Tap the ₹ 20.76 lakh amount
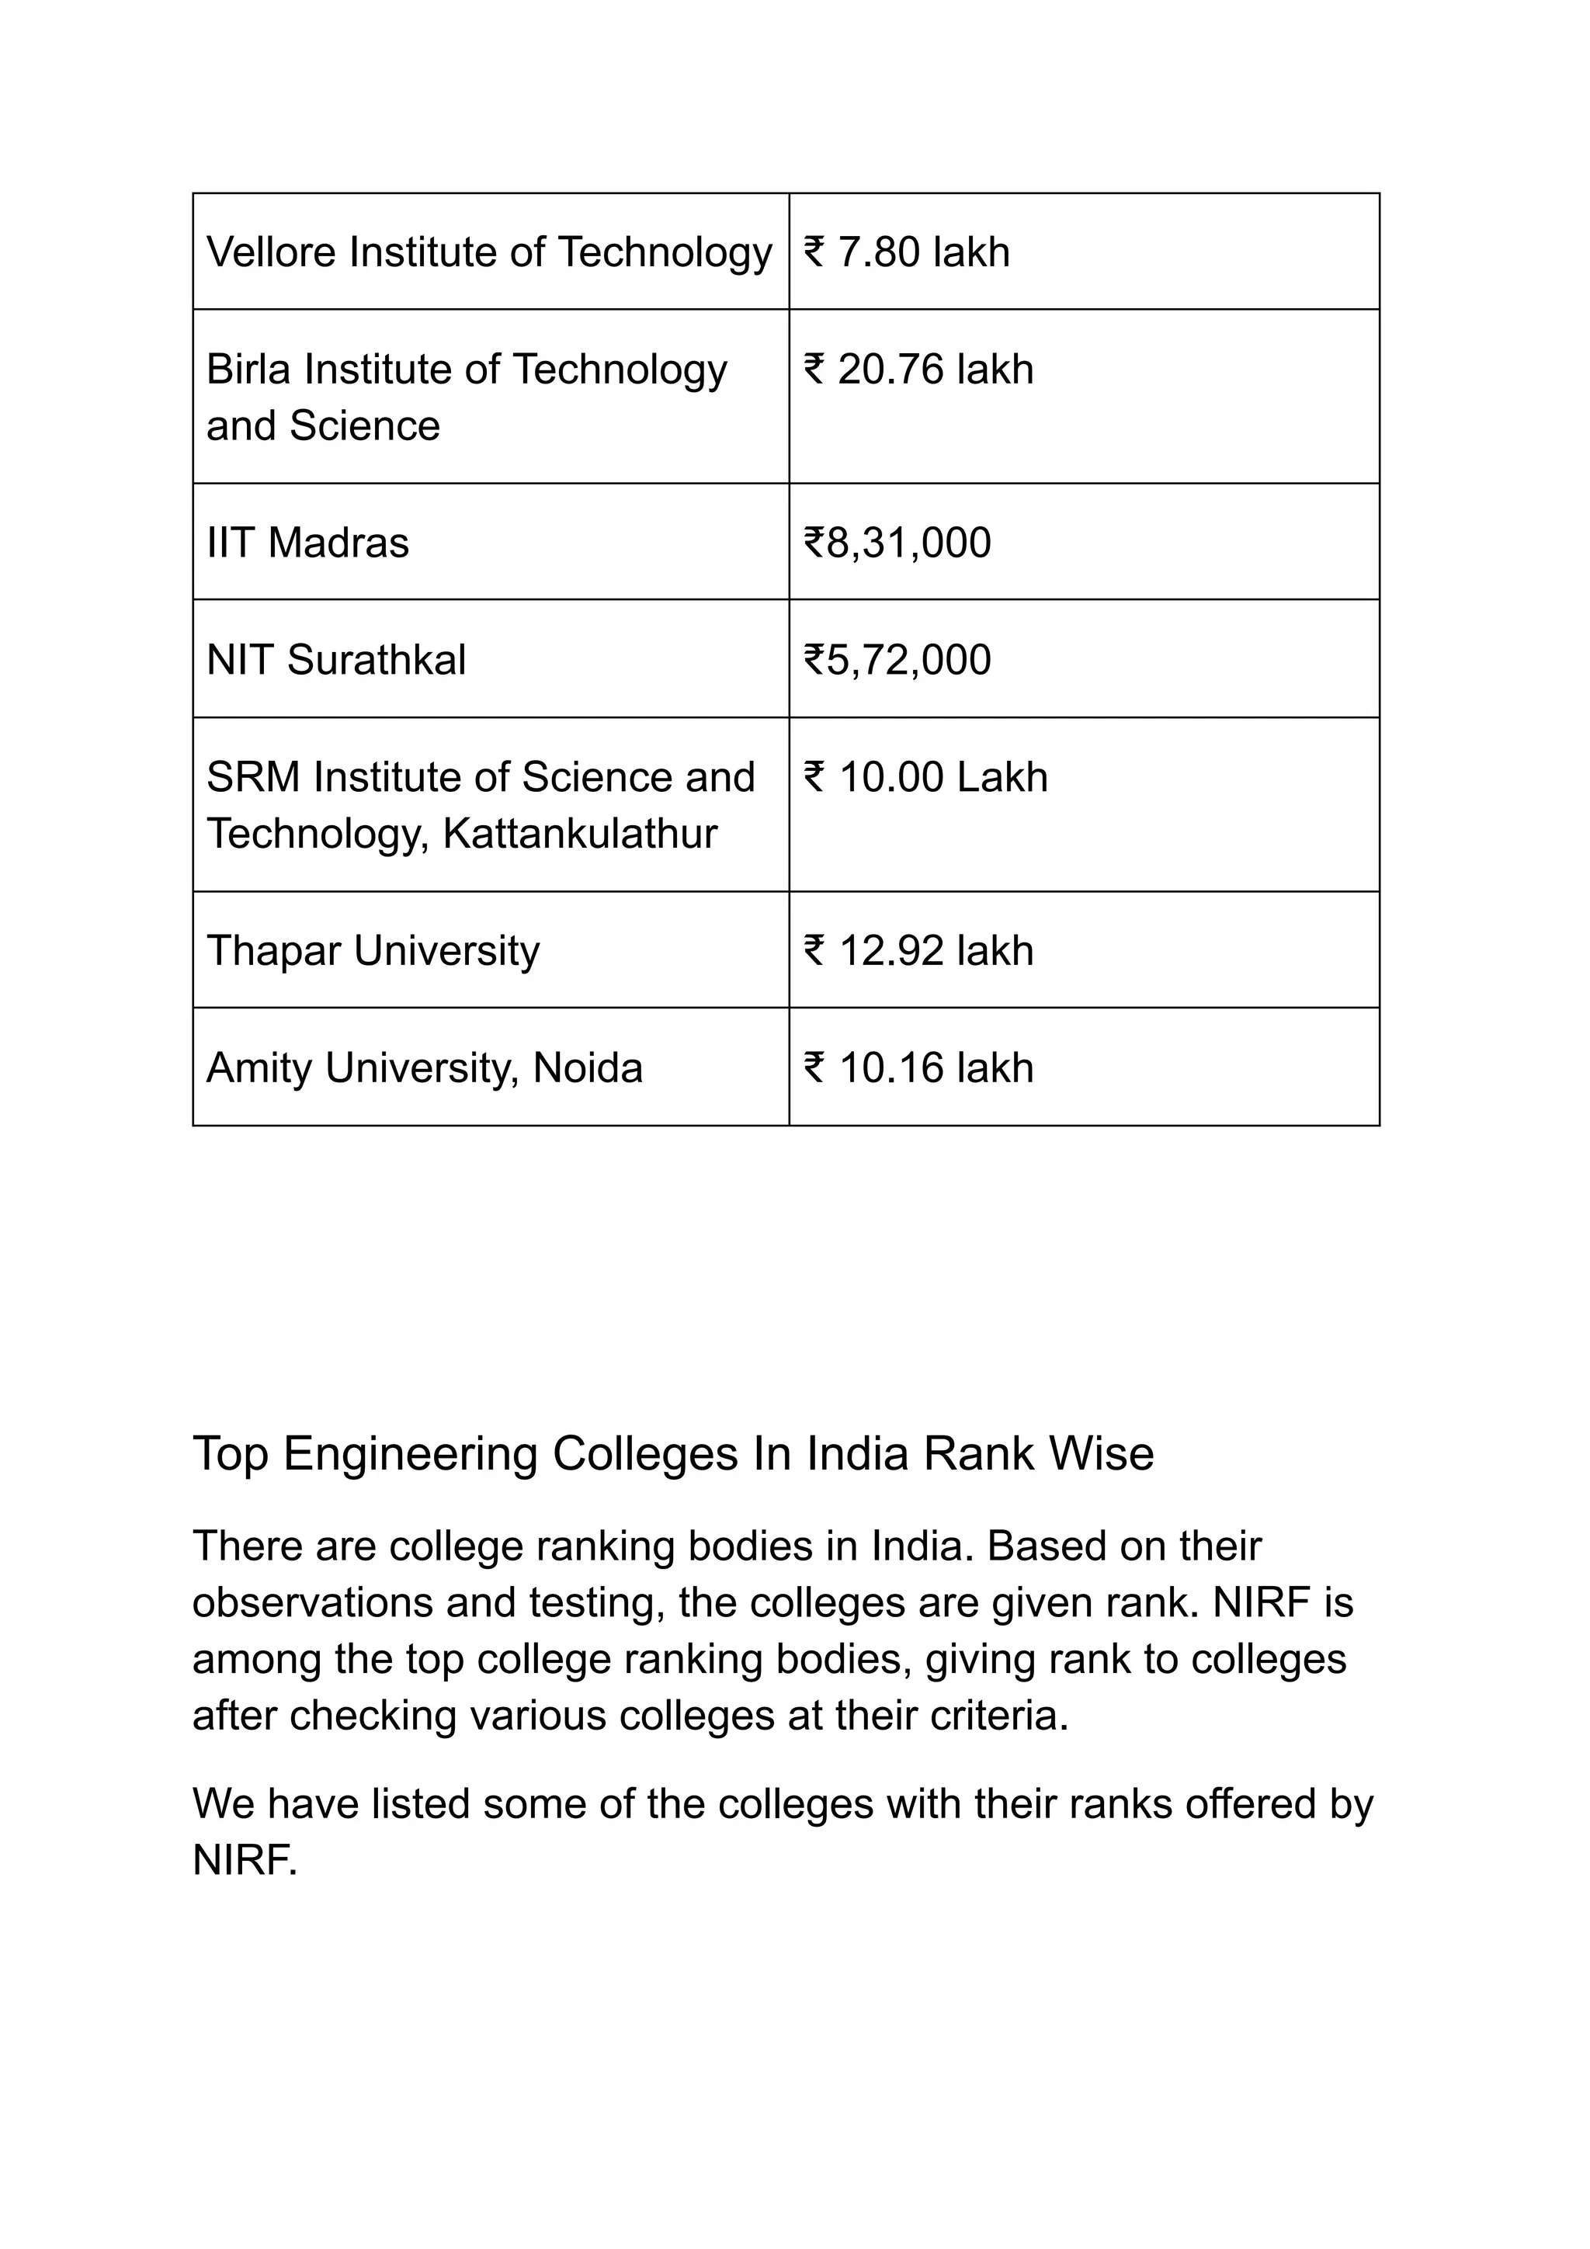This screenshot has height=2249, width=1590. (x=918, y=370)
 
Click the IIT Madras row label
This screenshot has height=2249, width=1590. (x=307, y=543)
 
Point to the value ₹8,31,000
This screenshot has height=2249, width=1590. (x=897, y=543)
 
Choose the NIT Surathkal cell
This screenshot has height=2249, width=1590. (x=336, y=660)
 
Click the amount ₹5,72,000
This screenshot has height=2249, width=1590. (x=897, y=660)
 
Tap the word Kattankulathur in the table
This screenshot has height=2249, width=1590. (x=580, y=835)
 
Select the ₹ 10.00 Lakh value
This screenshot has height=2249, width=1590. (x=925, y=778)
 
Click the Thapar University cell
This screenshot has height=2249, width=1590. (x=373, y=951)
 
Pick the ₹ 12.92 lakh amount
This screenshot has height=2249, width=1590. (x=918, y=951)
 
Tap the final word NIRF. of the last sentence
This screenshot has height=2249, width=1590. (x=245, y=1860)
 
